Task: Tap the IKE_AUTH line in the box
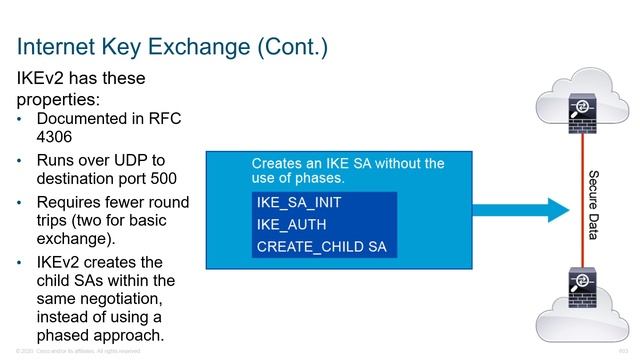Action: [290, 224]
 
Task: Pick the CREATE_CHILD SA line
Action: [321, 246]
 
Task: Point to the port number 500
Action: [162, 180]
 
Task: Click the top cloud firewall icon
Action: [579, 107]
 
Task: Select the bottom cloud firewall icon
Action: [579, 291]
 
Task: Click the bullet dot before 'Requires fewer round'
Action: [24, 203]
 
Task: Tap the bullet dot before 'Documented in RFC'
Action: [24, 119]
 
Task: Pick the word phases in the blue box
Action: [314, 178]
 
